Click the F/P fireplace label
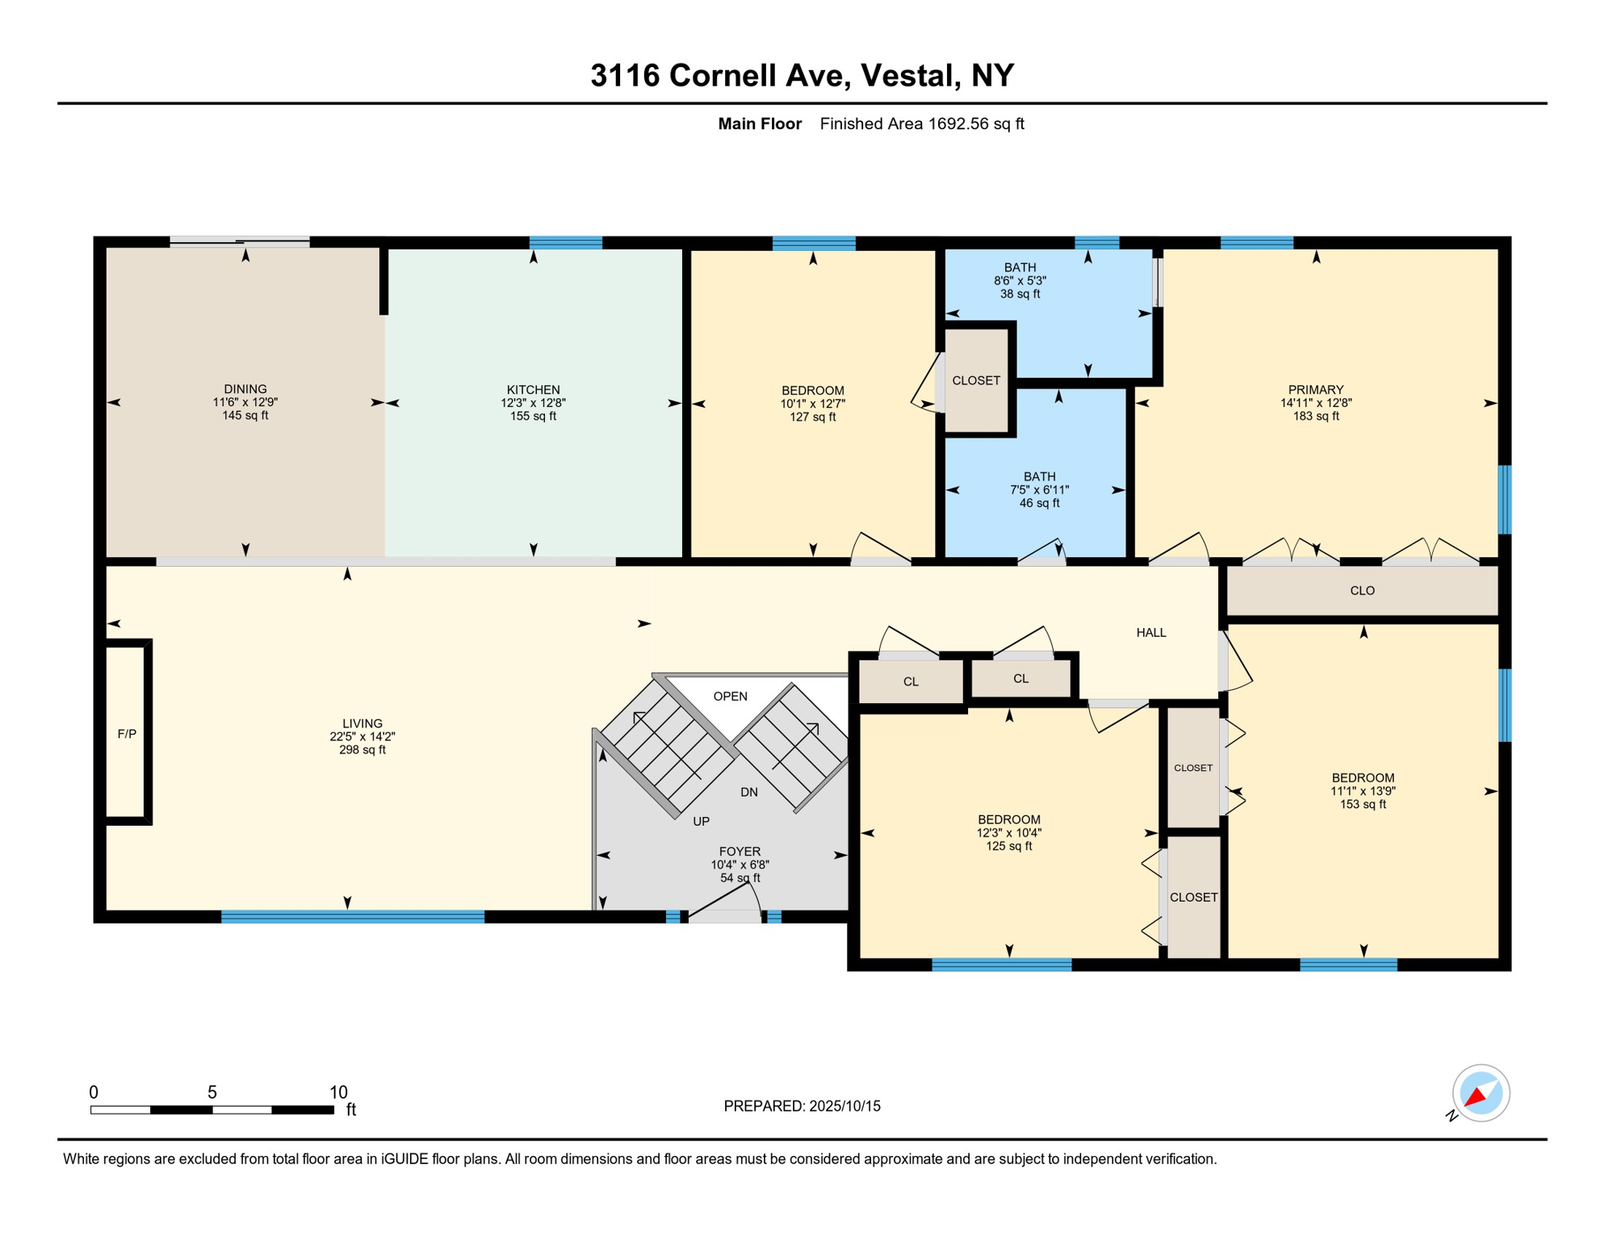click(127, 734)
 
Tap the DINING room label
click(245, 389)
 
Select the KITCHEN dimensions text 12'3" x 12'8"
click(533, 403)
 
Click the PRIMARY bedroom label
click(1315, 390)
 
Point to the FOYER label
click(740, 852)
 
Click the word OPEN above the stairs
click(730, 696)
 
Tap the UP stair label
click(701, 821)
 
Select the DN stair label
click(748, 792)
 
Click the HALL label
click(1150, 632)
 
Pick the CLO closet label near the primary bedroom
click(1362, 591)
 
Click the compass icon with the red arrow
click(1480, 1093)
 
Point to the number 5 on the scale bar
click(212, 1092)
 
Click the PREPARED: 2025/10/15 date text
click(802, 1106)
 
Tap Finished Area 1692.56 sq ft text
click(921, 124)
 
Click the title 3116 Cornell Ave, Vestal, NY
click(802, 75)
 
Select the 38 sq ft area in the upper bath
click(1020, 294)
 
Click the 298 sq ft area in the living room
click(362, 750)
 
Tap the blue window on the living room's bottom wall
click(353, 916)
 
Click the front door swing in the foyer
click(725, 903)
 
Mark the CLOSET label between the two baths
click(975, 380)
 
